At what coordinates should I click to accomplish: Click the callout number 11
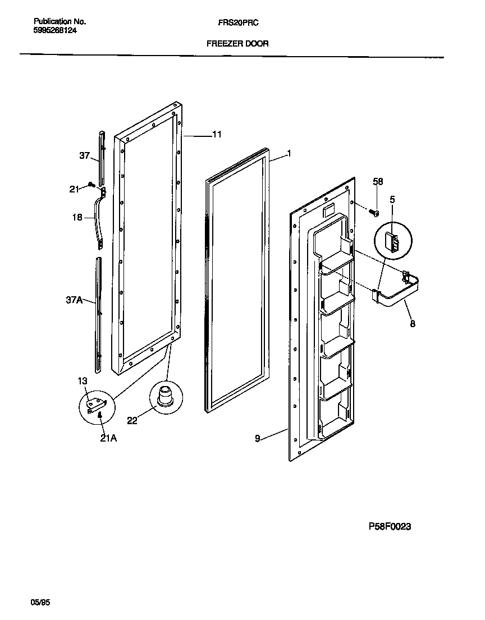point(217,135)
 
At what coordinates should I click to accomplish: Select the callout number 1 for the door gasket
point(289,153)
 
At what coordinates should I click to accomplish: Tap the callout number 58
point(378,181)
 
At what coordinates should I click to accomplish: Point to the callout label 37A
point(74,301)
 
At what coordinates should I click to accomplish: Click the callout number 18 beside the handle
point(77,217)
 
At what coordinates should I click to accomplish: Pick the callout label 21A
point(108,439)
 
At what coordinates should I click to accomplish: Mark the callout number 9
point(258,438)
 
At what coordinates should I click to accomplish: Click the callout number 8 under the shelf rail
point(413,324)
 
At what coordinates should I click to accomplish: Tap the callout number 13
point(83,381)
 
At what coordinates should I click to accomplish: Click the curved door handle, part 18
point(102,219)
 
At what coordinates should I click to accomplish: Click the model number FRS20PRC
point(237,22)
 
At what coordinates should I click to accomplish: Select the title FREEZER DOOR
point(237,43)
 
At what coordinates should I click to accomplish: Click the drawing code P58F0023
point(390,526)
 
